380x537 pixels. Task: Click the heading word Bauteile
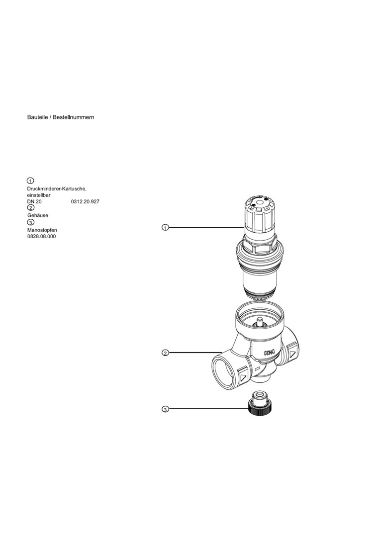point(37,117)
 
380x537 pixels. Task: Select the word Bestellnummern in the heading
point(74,117)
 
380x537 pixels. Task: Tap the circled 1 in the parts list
point(30,181)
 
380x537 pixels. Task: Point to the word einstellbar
point(39,195)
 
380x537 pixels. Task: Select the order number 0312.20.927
point(86,202)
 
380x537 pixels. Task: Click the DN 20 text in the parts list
point(34,202)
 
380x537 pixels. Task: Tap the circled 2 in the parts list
point(30,207)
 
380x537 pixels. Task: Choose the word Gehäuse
point(38,216)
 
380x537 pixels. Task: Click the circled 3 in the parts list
point(30,222)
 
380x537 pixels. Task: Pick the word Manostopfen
point(42,230)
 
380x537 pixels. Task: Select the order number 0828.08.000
point(41,237)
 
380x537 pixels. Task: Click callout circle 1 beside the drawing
point(165,227)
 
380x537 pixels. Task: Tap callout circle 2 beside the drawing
point(165,353)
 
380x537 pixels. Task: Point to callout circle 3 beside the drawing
point(165,409)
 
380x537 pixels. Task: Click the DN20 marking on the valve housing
point(270,353)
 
